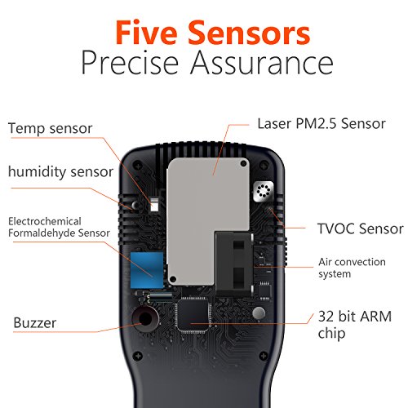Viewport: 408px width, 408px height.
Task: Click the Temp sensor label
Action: [48, 128]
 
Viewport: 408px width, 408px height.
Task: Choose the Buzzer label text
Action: [36, 322]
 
